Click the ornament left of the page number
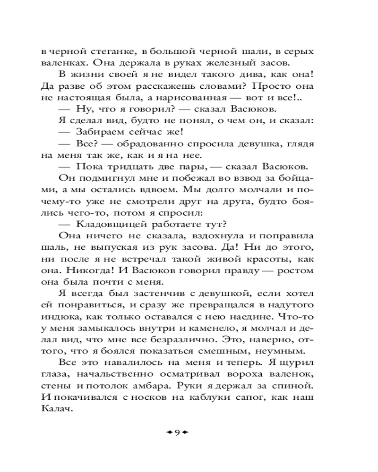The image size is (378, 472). coord(167,432)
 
